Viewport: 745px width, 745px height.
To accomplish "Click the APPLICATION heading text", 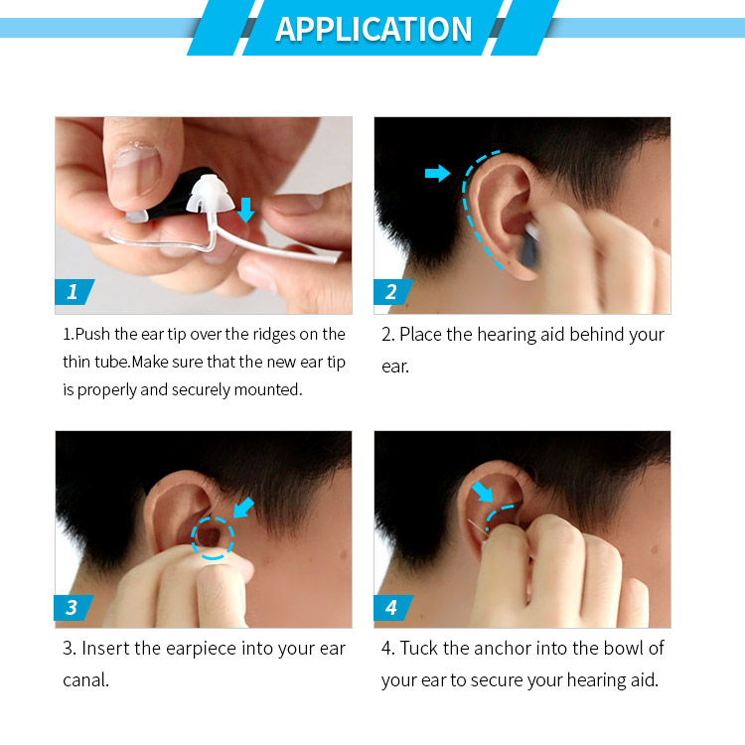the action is tap(373, 29).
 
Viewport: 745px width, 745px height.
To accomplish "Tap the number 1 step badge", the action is tap(74, 292).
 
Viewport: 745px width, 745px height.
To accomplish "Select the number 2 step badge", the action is tap(392, 292).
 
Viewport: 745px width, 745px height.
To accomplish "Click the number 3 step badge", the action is tap(74, 607).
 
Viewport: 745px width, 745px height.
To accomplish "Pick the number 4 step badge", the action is tap(392, 607).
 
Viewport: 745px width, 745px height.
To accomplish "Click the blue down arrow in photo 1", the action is tap(245, 210).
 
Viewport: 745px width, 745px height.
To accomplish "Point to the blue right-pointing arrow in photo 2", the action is tap(438, 173).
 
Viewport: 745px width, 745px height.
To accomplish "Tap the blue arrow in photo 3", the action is tap(243, 508).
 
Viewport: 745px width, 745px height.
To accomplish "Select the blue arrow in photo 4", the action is tap(483, 492).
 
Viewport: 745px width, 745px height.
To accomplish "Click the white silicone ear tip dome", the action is tap(210, 194).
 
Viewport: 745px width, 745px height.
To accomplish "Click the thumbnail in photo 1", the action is tap(136, 170).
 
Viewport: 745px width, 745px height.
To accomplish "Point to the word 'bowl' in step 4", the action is tap(622, 649).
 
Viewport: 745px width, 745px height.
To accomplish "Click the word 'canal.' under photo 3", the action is tap(86, 680).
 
